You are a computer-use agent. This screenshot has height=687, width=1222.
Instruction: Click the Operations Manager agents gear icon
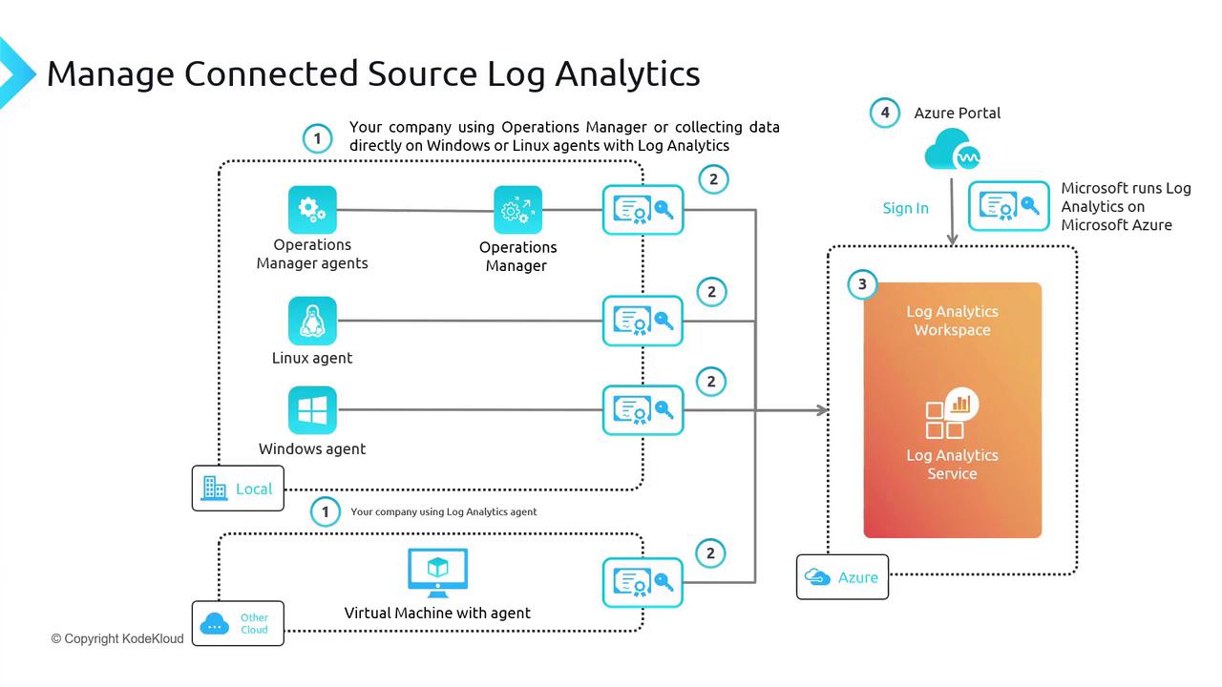[312, 210]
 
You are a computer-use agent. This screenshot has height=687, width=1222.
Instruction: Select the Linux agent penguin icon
[312, 321]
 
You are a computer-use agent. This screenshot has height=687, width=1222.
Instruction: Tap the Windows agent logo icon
[312, 410]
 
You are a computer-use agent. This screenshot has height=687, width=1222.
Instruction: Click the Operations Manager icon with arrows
[517, 210]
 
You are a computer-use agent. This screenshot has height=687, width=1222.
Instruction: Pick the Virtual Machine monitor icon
[437, 572]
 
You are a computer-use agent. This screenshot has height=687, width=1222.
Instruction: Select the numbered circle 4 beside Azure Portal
[885, 113]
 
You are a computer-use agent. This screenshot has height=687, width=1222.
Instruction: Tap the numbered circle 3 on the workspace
[862, 284]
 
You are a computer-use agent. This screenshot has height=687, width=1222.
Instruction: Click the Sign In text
[905, 208]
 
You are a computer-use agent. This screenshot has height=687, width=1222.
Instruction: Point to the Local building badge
[238, 489]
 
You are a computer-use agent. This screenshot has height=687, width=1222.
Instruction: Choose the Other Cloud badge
[238, 624]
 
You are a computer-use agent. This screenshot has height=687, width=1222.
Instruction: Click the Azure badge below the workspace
[842, 577]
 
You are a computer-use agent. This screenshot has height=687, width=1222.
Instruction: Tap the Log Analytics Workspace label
[952, 321]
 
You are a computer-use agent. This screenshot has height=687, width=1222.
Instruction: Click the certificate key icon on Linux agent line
[643, 321]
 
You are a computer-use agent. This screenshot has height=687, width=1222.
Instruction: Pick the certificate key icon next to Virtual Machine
[643, 582]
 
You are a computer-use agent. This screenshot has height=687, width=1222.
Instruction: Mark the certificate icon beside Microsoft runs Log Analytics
[1009, 206]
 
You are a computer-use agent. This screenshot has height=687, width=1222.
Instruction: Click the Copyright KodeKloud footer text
[118, 638]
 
